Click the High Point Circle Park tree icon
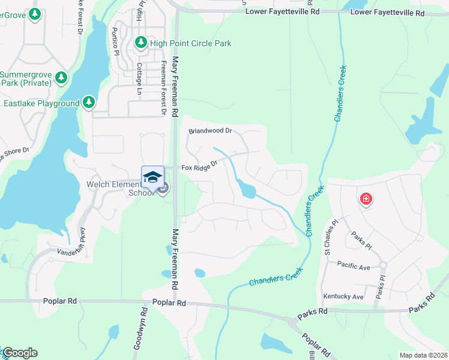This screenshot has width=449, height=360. click(140, 43)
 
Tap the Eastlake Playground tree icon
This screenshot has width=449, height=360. click(89, 103)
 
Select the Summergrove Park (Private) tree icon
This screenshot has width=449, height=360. click(61, 77)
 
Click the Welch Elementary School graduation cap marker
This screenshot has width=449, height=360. click(152, 177)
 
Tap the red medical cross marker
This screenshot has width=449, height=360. click(365, 199)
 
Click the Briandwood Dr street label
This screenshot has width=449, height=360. click(210, 130)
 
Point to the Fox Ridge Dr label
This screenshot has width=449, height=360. click(199, 167)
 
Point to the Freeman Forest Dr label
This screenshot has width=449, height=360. click(163, 86)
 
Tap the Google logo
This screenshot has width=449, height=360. click(19, 353)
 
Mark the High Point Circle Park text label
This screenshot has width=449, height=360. click(191, 43)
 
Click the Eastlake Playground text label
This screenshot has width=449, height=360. click(41, 104)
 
